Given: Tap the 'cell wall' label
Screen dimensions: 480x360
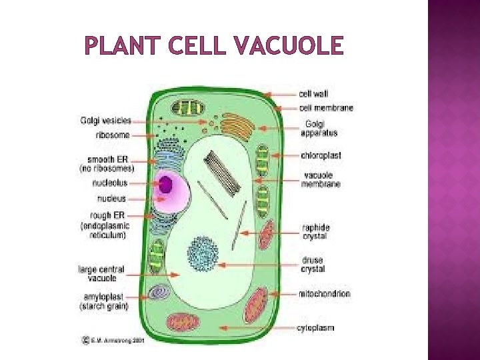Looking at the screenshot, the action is (313, 94).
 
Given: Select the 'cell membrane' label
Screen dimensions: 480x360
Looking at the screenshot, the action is (326, 108).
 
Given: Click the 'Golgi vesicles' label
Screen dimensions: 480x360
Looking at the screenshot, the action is (105, 121).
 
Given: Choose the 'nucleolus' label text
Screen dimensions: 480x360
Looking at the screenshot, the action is (111, 183).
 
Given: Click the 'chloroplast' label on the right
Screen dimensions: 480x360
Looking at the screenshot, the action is (321, 155).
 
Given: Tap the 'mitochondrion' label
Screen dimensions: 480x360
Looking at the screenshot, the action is (325, 294).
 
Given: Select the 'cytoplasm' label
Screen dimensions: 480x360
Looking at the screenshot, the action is (315, 328).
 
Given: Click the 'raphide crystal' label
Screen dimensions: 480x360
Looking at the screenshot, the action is (315, 231).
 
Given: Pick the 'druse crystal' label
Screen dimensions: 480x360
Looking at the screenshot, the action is (313, 265).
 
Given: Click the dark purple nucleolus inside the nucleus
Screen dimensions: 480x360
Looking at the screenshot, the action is (165, 183).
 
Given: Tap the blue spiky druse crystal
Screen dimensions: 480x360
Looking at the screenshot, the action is (202, 253).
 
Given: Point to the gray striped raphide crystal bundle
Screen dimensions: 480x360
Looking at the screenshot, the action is (221, 169).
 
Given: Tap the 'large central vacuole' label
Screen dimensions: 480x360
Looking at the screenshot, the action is (101, 273).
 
